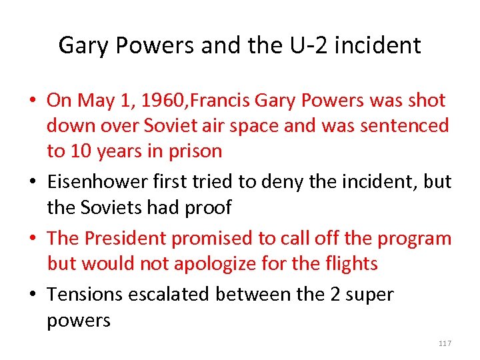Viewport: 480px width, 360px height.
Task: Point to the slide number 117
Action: pos(445,343)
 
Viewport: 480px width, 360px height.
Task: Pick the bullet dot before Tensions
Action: pos(33,295)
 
